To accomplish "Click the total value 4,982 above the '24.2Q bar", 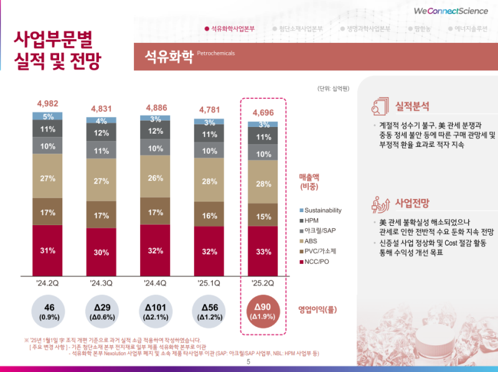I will (48, 103).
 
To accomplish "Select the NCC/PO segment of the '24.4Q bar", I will (155, 250).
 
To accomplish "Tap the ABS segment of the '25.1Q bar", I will (209, 181).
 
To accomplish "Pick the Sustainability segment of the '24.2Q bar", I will (48, 116).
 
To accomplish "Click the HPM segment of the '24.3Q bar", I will (101, 133).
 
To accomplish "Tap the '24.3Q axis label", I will (101, 284).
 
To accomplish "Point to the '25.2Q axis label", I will (263, 284).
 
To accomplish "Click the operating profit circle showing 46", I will (48, 313).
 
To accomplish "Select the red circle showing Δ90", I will (263, 313).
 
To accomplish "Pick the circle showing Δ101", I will (155, 313).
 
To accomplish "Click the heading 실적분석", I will (411, 106).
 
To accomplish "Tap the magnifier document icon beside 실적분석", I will (380, 106).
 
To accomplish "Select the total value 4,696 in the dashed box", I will (263, 113).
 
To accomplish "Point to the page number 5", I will (249, 362).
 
